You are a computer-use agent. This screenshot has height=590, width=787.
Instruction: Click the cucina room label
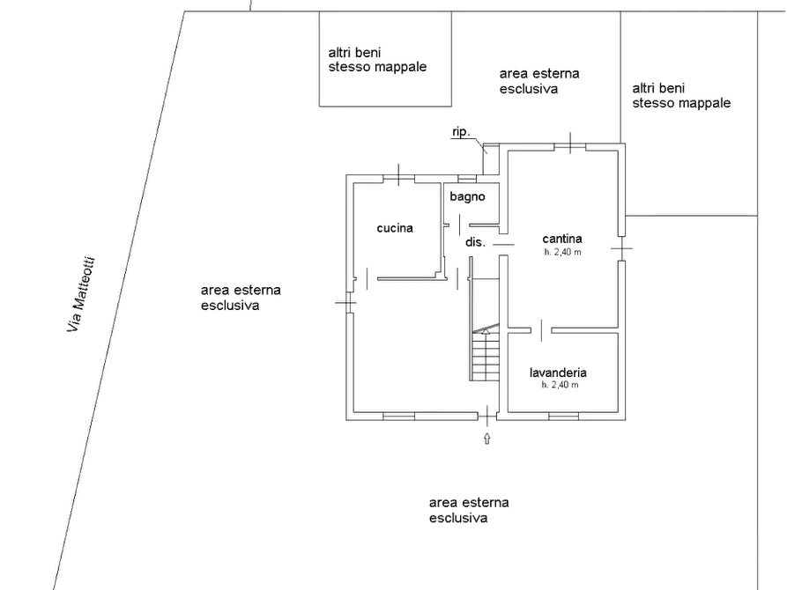coord(395,228)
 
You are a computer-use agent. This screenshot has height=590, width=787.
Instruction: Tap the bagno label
coord(467,196)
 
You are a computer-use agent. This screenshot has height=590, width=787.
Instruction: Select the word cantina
coord(562,239)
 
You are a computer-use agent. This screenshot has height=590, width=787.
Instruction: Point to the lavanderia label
coord(558,372)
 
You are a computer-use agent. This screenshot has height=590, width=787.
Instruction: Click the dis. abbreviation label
coord(475,242)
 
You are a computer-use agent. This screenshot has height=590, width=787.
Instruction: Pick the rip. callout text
coord(461,132)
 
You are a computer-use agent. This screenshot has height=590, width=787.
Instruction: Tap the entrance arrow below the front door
coord(486,438)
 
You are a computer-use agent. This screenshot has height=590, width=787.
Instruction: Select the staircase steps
coord(486,353)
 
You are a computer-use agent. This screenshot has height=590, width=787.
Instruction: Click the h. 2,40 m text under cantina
coord(562,253)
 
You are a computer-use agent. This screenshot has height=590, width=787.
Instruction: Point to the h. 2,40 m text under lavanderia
coord(560,386)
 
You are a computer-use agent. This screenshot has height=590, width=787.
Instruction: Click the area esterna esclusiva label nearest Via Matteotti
coord(241,298)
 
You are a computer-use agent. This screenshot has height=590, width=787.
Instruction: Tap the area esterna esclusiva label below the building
coord(469,510)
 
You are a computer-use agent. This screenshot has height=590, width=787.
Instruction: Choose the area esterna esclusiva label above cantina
coord(539,81)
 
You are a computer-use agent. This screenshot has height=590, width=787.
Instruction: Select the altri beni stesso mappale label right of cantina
coord(681,96)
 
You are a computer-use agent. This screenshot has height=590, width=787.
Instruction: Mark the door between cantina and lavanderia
coord(541,330)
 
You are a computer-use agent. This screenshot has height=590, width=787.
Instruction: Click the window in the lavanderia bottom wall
coord(563,416)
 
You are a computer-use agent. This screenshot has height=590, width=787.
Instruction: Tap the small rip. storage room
coord(491,159)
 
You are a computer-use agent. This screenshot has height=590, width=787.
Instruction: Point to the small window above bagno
coord(467,179)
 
